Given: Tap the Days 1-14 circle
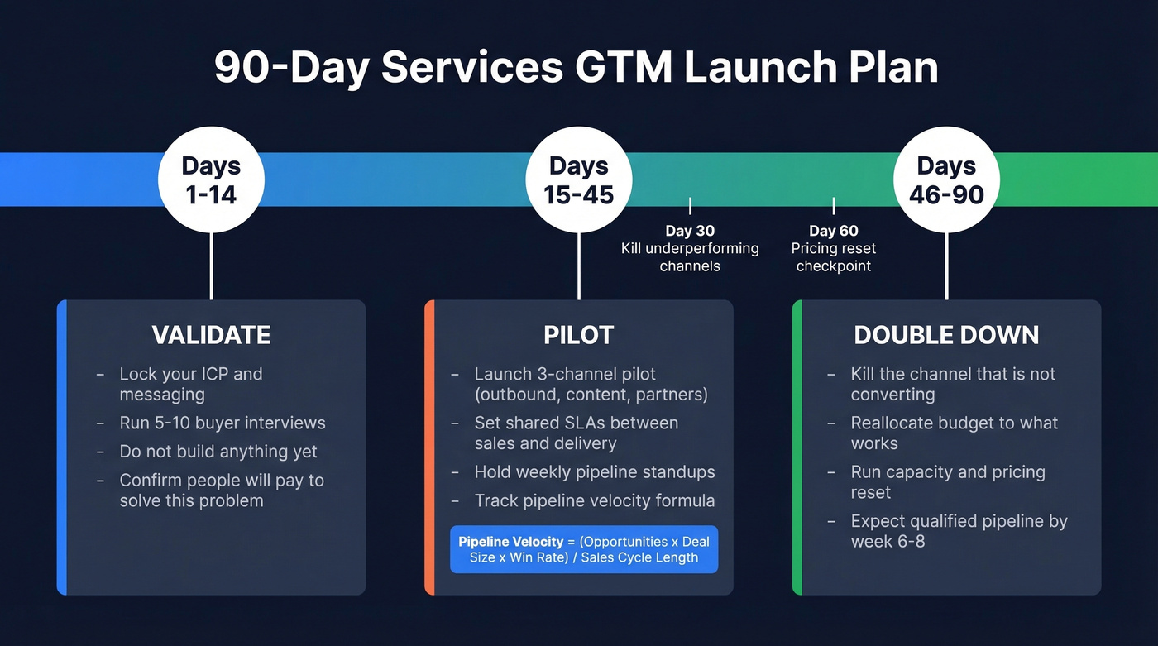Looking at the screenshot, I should (x=211, y=179).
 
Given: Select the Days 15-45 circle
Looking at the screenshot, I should (x=578, y=179).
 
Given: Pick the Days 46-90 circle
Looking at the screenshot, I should (x=946, y=179).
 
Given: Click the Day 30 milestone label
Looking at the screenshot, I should (x=690, y=231).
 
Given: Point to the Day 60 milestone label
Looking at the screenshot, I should (x=833, y=231).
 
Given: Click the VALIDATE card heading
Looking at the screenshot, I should (x=211, y=335).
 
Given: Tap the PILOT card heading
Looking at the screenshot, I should (x=578, y=335).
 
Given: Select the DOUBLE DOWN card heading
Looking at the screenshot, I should (x=946, y=335).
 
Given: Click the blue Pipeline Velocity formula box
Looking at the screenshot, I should (x=584, y=549).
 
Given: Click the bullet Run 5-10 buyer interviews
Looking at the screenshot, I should (x=222, y=423).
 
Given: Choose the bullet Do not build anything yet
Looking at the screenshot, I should (x=218, y=452).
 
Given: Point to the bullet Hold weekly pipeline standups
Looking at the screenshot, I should (x=594, y=472).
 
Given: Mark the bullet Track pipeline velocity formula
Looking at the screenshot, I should (x=594, y=500).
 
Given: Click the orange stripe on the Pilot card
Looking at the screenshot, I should (x=429, y=447).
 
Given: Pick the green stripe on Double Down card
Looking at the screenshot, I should (x=797, y=447).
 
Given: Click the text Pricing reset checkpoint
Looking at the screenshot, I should (x=833, y=257).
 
